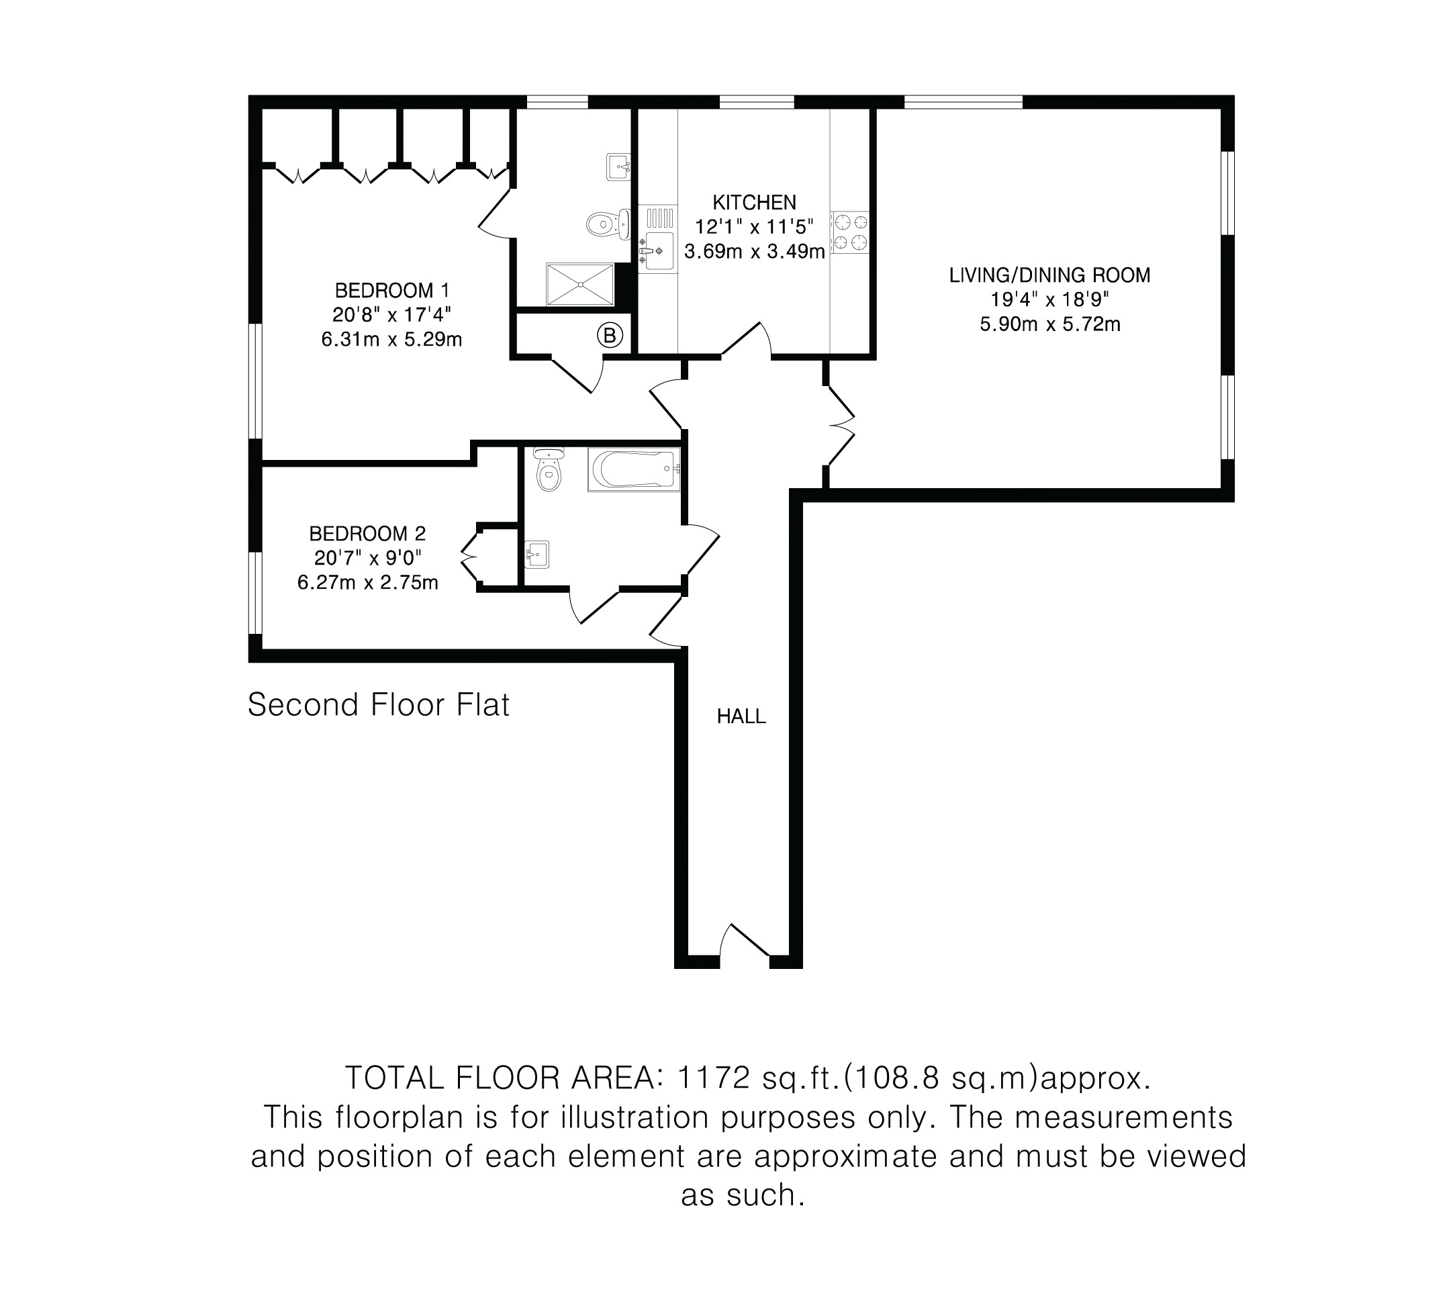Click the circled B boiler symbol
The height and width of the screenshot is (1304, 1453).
click(x=609, y=335)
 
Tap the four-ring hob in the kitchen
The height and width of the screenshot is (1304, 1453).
click(x=851, y=232)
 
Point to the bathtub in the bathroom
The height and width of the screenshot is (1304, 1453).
click(x=633, y=470)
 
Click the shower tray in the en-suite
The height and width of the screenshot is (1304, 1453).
click(x=580, y=285)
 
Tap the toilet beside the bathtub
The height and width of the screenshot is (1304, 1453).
click(x=549, y=469)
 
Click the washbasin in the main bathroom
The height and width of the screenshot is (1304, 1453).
click(x=536, y=554)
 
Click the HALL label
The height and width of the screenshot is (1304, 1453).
click(x=741, y=716)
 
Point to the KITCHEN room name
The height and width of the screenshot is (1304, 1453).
click(x=754, y=202)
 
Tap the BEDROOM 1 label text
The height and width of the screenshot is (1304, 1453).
click(x=392, y=290)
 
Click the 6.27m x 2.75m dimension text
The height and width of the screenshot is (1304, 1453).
click(x=367, y=582)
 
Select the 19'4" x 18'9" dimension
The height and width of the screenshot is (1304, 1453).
click(x=1049, y=299)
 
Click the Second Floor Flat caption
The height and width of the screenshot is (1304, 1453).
click(x=378, y=705)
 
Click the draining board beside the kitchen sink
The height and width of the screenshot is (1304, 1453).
click(x=659, y=216)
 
